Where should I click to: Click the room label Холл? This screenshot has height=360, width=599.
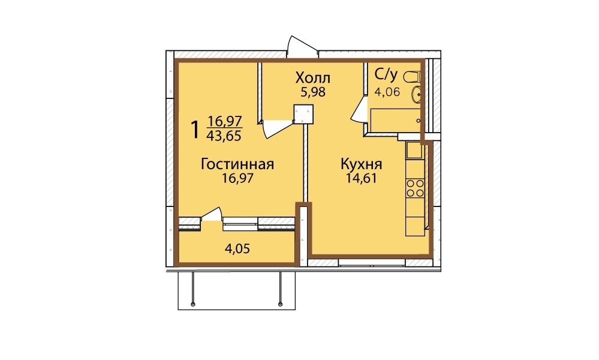point(312,78)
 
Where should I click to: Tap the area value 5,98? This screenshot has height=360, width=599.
point(312,92)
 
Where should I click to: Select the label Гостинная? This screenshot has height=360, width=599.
point(237,164)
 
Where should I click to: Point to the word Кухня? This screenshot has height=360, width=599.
point(361,164)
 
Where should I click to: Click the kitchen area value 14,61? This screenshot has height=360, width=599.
point(361,178)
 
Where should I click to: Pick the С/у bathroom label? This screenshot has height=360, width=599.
point(386,75)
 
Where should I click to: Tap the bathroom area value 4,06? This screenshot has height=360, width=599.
point(387,92)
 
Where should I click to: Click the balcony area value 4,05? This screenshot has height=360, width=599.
point(237,249)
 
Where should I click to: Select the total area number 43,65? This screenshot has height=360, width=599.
point(224,136)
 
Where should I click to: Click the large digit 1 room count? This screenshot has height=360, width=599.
point(195,130)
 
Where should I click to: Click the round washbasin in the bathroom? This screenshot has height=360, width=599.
point(416,94)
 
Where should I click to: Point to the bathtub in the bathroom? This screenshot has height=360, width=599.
point(396,121)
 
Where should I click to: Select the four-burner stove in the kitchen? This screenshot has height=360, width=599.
point(416,188)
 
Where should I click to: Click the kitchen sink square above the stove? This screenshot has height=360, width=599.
point(414,150)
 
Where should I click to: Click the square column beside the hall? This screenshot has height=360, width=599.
point(304,114)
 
